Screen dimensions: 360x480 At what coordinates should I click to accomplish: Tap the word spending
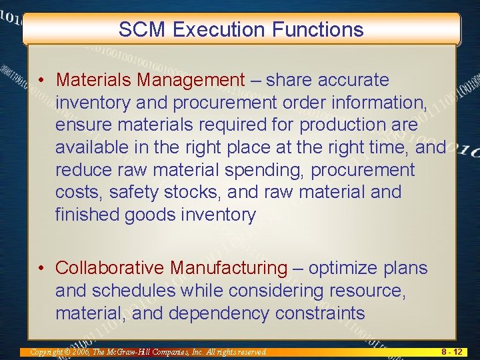coord(264,170)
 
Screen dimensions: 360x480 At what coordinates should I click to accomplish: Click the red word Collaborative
coord(110,268)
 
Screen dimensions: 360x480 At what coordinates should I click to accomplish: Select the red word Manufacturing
coord(229,268)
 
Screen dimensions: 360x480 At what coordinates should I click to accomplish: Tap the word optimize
coord(342,268)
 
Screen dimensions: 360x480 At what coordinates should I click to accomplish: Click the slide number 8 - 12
coord(452,351)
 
